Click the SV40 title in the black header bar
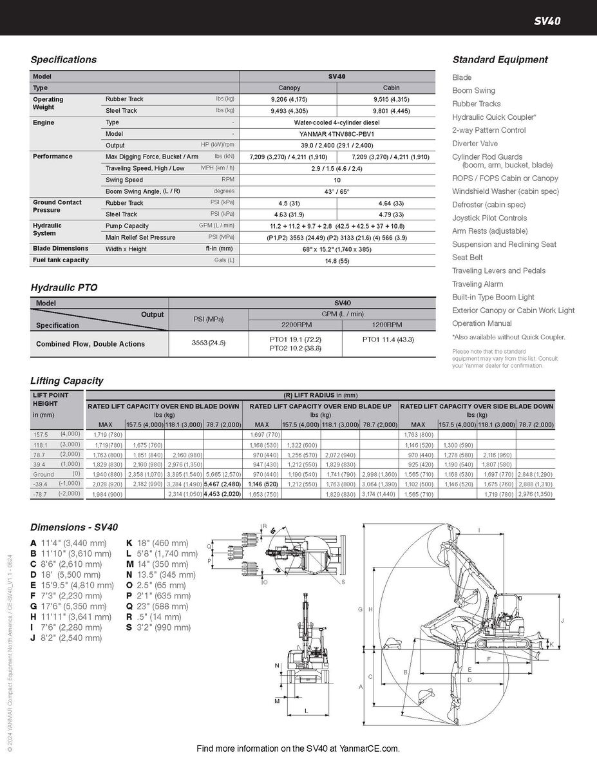point(547,21)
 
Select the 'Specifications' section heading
point(64,60)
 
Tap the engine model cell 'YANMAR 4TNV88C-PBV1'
point(337,134)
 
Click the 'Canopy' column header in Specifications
point(289,88)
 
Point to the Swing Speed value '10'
point(337,180)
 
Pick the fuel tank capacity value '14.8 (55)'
point(337,260)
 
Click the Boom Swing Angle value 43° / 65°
point(337,191)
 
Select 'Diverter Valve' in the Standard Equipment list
point(475,144)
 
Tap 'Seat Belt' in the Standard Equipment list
point(468,258)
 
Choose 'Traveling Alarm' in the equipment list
point(477,284)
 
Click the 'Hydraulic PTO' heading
point(64,288)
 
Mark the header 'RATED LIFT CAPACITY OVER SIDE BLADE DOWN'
point(477,406)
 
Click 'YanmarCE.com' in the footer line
point(372,749)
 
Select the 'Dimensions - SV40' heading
point(74,527)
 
